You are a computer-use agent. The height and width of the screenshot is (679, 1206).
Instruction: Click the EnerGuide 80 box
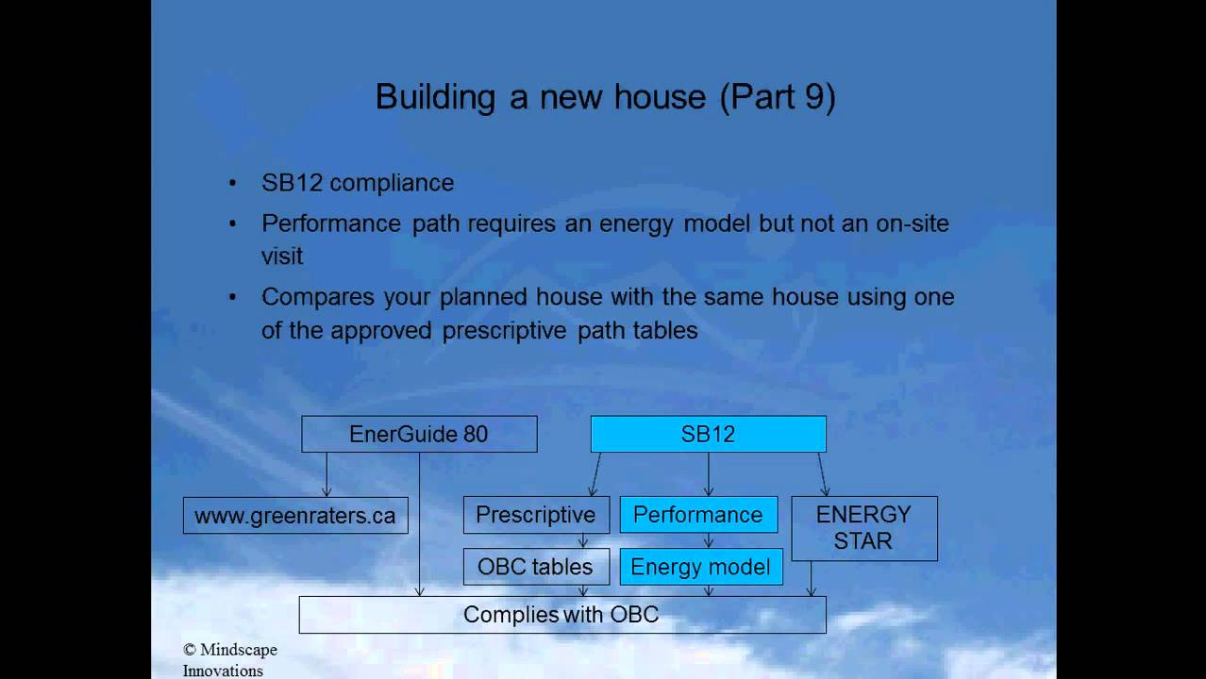(x=419, y=434)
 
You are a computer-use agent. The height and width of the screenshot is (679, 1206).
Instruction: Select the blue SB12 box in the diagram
(x=708, y=434)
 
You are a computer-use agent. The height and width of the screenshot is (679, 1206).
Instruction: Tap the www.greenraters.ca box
(x=295, y=516)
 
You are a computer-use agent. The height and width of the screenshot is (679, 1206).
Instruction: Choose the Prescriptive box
(x=536, y=515)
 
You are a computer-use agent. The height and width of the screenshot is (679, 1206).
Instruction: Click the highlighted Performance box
(x=698, y=515)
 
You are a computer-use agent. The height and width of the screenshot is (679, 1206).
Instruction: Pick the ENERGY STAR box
(x=863, y=528)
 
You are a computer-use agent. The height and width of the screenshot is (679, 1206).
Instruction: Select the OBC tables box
(x=536, y=567)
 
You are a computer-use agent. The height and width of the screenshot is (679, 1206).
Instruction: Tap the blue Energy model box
(x=701, y=567)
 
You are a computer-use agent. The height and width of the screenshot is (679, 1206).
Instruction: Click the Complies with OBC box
(x=562, y=615)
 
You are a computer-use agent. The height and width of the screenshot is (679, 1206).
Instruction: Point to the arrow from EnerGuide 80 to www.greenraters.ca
(x=327, y=474)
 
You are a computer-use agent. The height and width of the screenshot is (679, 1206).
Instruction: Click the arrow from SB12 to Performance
(x=708, y=474)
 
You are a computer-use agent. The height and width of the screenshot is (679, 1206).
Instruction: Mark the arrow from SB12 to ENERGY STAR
(x=822, y=474)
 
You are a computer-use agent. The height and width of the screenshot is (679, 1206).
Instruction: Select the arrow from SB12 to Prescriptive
(x=595, y=474)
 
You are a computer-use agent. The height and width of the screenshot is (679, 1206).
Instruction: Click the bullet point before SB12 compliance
(x=233, y=183)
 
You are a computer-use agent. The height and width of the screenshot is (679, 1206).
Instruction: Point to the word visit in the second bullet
(x=282, y=257)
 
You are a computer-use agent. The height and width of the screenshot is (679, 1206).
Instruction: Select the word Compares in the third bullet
(x=318, y=298)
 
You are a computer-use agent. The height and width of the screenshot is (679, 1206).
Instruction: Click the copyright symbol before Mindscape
(x=190, y=650)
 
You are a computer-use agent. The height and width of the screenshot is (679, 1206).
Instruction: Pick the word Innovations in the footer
(x=223, y=671)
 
